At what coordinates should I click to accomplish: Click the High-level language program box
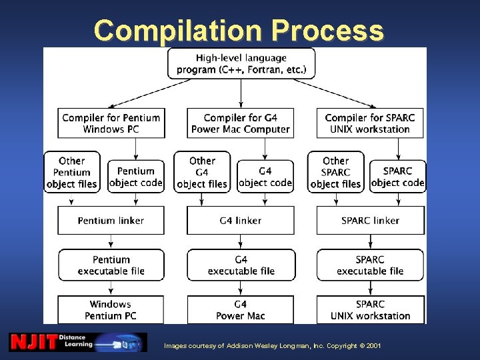click(x=241, y=63)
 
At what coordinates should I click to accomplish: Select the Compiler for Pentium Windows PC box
click(x=111, y=123)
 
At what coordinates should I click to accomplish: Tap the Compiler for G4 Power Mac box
click(x=241, y=123)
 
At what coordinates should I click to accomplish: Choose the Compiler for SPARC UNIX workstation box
click(x=370, y=123)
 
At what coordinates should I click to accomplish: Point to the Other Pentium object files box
click(x=71, y=172)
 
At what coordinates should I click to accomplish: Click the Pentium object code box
click(x=136, y=176)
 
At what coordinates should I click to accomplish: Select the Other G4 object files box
click(x=202, y=172)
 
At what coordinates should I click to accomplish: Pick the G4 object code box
click(x=265, y=176)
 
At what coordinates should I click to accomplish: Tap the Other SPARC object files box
click(x=335, y=172)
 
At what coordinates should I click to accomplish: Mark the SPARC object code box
click(x=397, y=176)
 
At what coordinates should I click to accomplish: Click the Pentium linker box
click(x=111, y=221)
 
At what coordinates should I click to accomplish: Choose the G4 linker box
click(x=241, y=221)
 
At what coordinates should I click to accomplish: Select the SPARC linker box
click(x=370, y=221)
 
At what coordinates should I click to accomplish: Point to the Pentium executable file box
click(x=111, y=265)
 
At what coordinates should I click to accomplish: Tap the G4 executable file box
click(x=241, y=265)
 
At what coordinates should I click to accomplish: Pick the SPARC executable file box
click(x=370, y=265)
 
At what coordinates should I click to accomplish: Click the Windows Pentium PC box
click(x=111, y=309)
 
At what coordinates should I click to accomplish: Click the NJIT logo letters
click(x=33, y=343)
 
